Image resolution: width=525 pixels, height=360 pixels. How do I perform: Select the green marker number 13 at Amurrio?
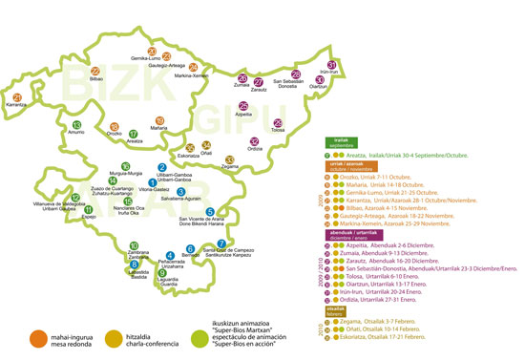click(76, 125)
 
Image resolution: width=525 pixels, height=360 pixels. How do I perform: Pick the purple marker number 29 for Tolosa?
click(279, 122)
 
